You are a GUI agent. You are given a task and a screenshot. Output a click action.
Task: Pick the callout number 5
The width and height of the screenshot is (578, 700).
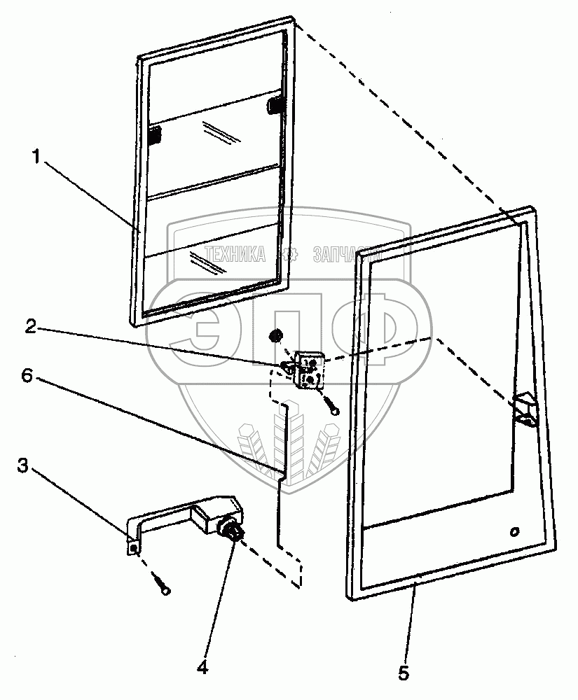[x=403, y=673]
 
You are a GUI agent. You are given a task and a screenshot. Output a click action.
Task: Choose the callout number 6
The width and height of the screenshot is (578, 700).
[x=26, y=376]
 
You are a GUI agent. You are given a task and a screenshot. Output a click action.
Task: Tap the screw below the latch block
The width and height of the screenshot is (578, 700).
[x=331, y=405]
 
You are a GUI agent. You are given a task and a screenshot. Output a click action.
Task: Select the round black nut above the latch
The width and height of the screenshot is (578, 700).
[x=275, y=336]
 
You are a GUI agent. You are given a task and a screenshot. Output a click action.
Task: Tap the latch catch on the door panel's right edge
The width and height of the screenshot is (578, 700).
[x=524, y=409]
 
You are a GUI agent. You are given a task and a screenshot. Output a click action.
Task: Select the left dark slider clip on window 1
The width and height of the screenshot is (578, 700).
[x=153, y=135]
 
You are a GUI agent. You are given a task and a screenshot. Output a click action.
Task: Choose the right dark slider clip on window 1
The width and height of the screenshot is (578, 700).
[x=275, y=106]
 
